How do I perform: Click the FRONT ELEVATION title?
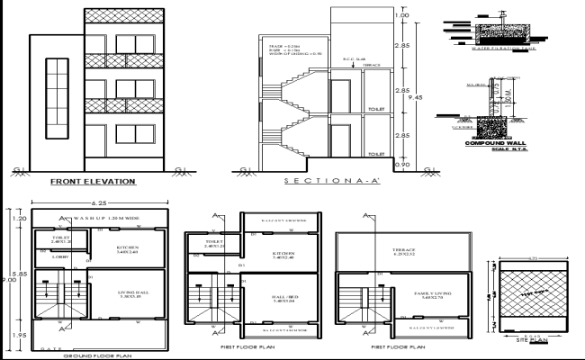click(x=93, y=182)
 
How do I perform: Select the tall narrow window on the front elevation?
click(x=56, y=99)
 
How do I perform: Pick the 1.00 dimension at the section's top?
click(x=402, y=16)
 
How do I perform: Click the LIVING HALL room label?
click(x=132, y=294)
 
